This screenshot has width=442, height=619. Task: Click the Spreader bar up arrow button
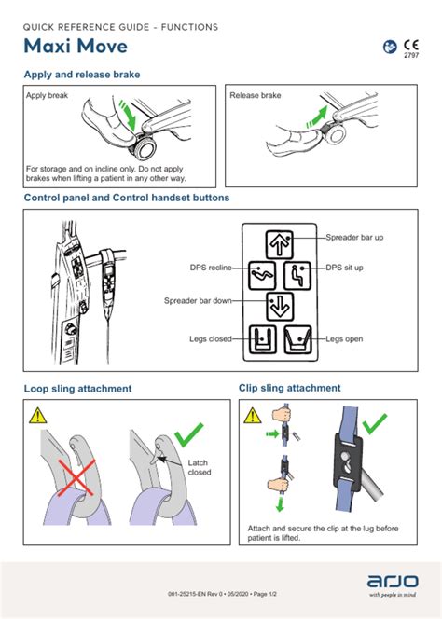click(279, 244)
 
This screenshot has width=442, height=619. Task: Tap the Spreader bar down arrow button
click(280, 307)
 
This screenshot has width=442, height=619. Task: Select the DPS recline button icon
click(262, 275)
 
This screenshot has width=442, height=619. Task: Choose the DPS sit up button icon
click(297, 275)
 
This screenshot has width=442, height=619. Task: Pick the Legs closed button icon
click(263, 339)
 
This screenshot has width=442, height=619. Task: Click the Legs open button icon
click(297, 339)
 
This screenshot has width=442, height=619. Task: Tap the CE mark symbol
click(411, 45)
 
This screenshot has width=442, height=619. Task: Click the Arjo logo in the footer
click(393, 581)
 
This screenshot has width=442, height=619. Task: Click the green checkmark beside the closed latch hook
click(188, 434)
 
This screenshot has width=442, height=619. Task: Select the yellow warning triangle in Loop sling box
click(37, 415)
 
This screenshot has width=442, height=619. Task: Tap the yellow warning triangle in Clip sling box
click(253, 415)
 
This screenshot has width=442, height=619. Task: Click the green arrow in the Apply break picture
click(129, 115)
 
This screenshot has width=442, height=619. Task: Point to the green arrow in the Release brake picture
click(317, 117)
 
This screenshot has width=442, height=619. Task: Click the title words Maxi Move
click(76, 46)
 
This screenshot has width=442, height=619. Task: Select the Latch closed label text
click(199, 467)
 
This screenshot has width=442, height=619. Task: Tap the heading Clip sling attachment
click(289, 388)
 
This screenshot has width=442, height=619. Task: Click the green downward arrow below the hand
click(280, 504)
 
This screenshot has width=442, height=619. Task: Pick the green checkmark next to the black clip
click(375, 424)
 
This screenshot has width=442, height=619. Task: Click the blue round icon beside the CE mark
click(390, 47)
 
